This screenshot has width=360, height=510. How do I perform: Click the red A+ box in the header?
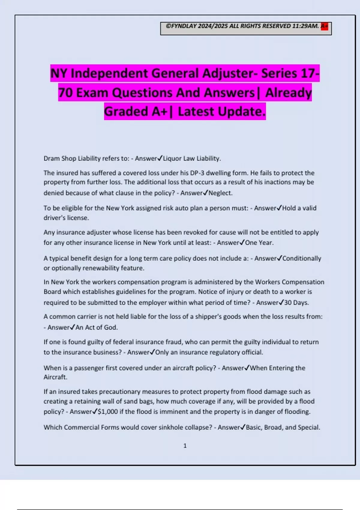[x=324, y=26]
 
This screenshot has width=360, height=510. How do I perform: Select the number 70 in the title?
[x=65, y=93]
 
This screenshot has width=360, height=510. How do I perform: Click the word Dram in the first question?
[x=51, y=158]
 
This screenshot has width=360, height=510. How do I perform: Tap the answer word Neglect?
[x=220, y=193]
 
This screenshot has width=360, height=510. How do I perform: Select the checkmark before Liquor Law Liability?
[x=160, y=158]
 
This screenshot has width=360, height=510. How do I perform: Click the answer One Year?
[x=259, y=243]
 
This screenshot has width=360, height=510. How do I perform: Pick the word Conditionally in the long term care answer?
[x=302, y=258]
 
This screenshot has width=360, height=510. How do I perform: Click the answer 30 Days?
[x=296, y=302]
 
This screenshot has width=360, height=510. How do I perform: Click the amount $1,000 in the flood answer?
[x=108, y=412]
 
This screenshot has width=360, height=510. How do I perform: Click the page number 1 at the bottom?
[x=185, y=446]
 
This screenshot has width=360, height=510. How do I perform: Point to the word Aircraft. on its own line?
[x=55, y=377]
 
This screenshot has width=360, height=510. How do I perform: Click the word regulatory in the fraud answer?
[x=225, y=352]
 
